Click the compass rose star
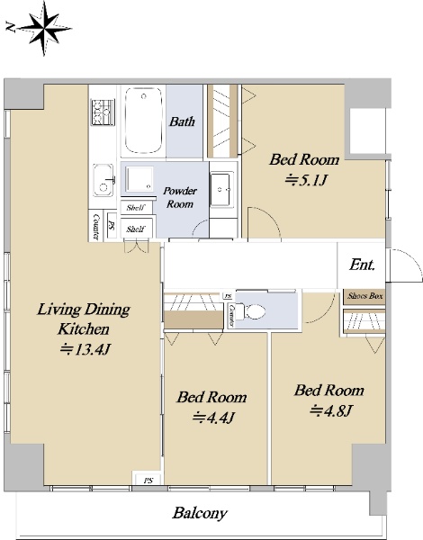click(x=44, y=28)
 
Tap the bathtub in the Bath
click(x=143, y=121)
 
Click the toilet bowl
click(x=253, y=312)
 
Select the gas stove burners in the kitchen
click(x=103, y=112)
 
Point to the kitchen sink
click(x=103, y=180)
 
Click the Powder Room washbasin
click(x=221, y=190)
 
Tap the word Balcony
click(x=200, y=513)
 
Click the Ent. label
click(x=362, y=265)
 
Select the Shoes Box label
click(x=364, y=296)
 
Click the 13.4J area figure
click(x=85, y=349)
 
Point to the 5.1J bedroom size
click(x=305, y=180)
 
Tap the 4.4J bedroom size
click(x=213, y=418)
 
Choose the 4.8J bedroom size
click(x=330, y=410)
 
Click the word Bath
click(x=182, y=121)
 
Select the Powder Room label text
click(x=180, y=197)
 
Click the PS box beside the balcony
click(x=148, y=481)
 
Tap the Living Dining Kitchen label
click(x=84, y=319)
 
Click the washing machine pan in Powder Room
click(x=139, y=179)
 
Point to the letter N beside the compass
click(x=11, y=27)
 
